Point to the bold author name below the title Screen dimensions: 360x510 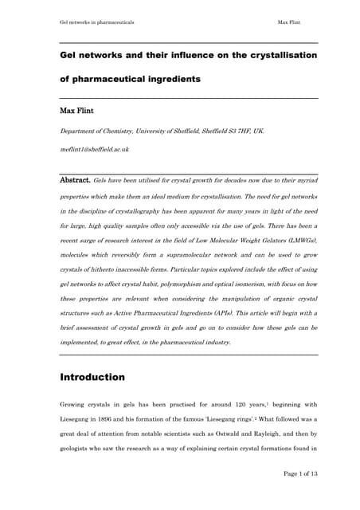point(77,110)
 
